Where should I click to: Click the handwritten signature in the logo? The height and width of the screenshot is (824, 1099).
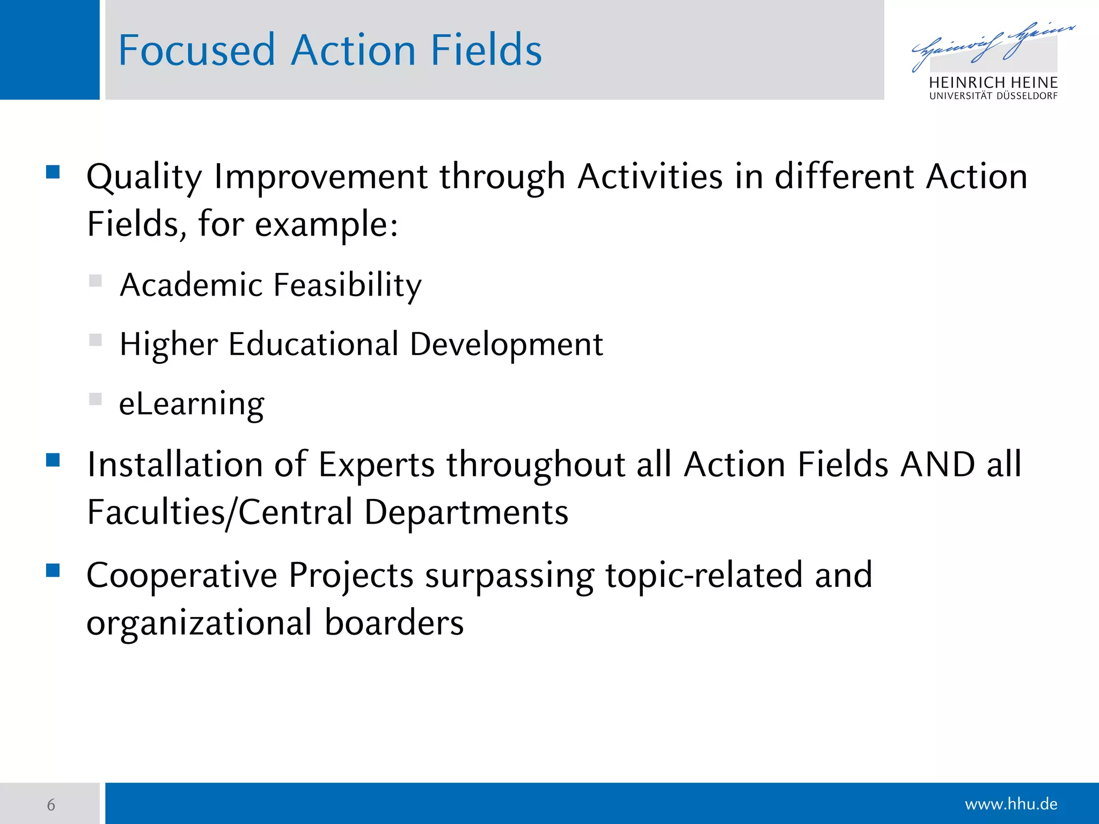click(x=992, y=45)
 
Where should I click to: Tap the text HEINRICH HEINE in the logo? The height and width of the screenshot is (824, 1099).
click(x=993, y=83)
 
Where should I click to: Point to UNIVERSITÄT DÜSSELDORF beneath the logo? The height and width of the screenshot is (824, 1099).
click(x=993, y=97)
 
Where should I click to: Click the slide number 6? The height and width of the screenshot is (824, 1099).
click(x=51, y=805)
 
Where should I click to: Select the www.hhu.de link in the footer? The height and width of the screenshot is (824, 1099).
click(x=1010, y=804)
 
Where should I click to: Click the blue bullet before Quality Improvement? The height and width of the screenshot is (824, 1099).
click(x=53, y=172)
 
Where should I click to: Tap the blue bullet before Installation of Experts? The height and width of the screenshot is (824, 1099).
click(x=53, y=460)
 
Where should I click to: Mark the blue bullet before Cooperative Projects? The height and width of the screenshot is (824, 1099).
click(x=53, y=570)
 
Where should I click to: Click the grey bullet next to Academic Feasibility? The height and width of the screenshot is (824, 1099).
click(x=96, y=281)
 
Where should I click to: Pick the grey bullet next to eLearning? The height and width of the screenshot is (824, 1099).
click(x=96, y=399)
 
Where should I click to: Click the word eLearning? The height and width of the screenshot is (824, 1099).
click(x=192, y=404)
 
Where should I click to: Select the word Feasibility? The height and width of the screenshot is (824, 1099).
click(x=348, y=285)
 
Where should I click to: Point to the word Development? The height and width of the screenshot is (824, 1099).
click(x=506, y=344)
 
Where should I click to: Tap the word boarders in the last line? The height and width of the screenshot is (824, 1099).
click(x=394, y=623)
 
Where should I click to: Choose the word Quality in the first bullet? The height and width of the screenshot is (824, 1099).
click(x=144, y=177)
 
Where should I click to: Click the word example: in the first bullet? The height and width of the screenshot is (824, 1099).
click(x=326, y=224)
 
